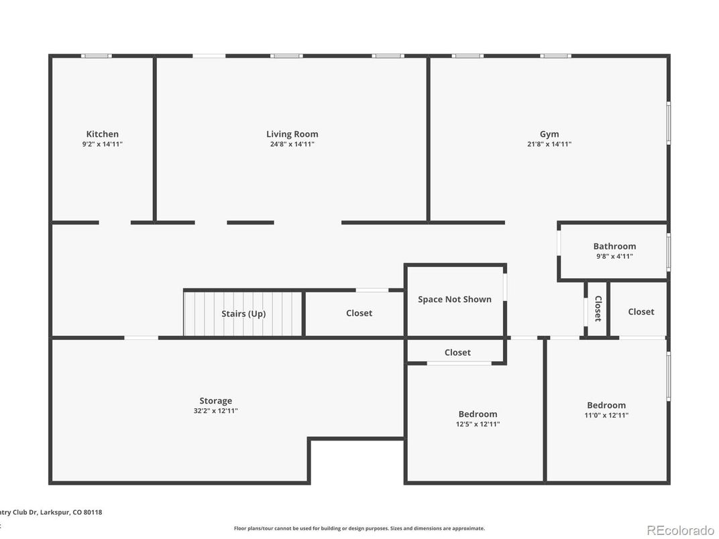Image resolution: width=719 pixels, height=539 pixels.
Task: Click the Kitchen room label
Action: coord(102,134)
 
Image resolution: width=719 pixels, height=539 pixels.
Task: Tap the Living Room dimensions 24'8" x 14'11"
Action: coord(292,144)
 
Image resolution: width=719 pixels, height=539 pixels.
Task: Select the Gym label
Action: coord(549,134)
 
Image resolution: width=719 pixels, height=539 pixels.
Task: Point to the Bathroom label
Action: coord(614,246)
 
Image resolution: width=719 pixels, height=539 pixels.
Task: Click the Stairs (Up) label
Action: coord(243,314)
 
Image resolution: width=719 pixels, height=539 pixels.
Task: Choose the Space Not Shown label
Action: coord(454,299)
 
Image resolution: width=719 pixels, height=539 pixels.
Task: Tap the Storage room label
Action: coord(215,401)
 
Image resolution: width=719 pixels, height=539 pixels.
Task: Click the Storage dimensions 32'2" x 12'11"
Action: coord(215,411)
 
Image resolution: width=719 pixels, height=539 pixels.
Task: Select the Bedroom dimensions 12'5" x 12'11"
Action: coord(478,424)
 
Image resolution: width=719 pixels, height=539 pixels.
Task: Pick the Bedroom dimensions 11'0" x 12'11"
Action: coord(606,415)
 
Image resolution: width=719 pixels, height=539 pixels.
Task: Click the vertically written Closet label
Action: coord(598,309)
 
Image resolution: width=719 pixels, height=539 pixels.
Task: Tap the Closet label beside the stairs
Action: coord(359,313)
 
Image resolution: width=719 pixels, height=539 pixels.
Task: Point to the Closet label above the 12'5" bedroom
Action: coord(457,352)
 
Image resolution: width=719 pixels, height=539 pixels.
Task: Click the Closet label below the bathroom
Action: coord(641,312)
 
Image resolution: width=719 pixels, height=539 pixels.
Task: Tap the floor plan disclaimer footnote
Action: coord(359,528)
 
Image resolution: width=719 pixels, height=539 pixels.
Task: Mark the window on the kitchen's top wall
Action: coord(97,56)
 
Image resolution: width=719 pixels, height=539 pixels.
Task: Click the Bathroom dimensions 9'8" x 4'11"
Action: coord(614,256)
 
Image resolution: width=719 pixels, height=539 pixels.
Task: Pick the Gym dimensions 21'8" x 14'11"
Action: coord(549,144)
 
